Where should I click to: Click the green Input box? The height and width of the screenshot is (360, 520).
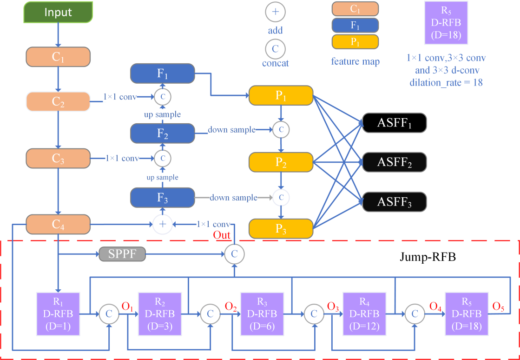(x=58, y=13)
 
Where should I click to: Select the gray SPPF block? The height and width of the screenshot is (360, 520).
(x=122, y=254)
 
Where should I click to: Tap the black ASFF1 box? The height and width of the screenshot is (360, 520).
(x=394, y=123)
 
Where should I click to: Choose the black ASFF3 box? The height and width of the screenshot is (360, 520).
(x=394, y=202)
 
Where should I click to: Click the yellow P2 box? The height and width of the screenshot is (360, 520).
(x=280, y=162)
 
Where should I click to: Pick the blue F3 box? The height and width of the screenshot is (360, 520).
(x=162, y=198)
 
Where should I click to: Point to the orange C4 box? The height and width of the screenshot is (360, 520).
(x=58, y=225)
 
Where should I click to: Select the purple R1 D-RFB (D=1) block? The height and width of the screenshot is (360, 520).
(x=58, y=314)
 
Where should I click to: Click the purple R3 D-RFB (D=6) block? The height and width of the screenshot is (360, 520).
(x=262, y=314)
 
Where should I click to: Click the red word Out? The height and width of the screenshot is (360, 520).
(x=222, y=235)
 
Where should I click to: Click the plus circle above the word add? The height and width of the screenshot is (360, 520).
(x=275, y=13)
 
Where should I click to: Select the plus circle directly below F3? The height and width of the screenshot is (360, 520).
(x=163, y=225)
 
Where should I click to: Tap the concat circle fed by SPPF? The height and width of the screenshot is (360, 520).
(x=234, y=254)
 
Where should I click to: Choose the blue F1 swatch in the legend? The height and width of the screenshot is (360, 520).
(x=355, y=25)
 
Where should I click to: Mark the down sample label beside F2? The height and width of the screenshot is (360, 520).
(x=231, y=130)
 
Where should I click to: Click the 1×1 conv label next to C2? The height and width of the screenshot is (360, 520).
(x=120, y=96)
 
